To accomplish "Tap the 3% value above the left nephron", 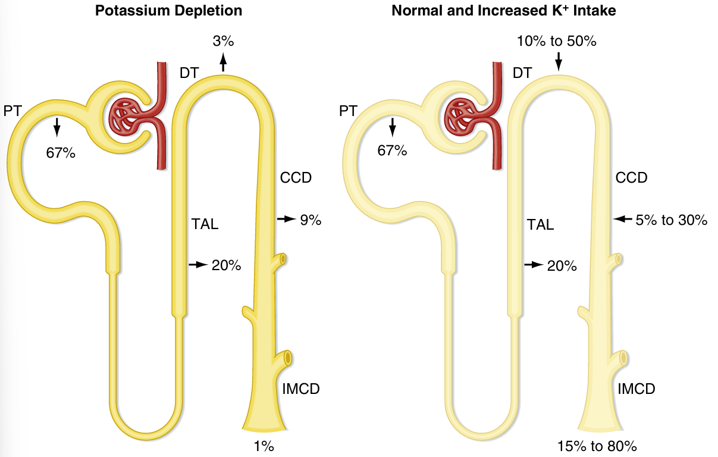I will click(223, 41).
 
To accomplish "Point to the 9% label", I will click(311, 220).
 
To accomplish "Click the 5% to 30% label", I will click(671, 220).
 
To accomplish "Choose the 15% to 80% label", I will click(597, 446).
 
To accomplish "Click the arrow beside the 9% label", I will click(286, 220).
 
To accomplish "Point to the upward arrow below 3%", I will click(223, 61).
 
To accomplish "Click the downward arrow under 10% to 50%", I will click(558, 60).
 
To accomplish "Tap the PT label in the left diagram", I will click(12, 111).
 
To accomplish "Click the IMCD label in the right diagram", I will click(636, 389).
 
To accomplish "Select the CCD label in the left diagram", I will click(296, 177).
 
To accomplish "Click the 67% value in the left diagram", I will click(61, 152).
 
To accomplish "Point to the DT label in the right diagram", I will click(522, 73).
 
